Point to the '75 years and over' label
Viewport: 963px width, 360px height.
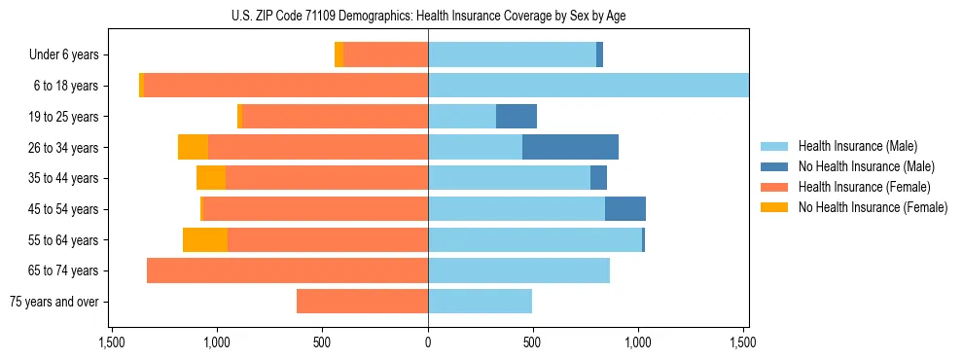53,302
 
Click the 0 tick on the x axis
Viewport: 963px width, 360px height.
428,342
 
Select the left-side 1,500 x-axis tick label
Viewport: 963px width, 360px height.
112,342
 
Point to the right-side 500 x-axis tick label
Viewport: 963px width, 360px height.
532,342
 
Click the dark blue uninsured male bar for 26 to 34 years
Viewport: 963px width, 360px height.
570,147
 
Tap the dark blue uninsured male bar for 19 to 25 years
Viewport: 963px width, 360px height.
517,117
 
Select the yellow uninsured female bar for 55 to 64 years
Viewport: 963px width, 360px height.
205,239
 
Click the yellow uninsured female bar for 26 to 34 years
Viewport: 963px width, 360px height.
193,147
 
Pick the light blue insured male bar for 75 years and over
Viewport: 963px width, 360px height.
480,302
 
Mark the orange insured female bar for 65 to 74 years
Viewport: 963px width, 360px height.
287,270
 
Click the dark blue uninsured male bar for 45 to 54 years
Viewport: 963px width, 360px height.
625,209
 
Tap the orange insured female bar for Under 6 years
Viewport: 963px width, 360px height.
385,54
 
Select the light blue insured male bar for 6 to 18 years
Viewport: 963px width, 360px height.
588,86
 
